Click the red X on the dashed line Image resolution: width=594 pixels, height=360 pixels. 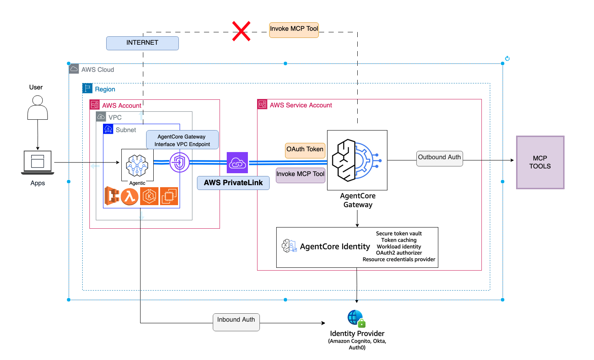pyautogui.click(x=242, y=31)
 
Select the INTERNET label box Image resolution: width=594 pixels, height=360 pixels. pyautogui.click(x=142, y=43)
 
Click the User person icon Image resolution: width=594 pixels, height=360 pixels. pyautogui.click(x=38, y=108)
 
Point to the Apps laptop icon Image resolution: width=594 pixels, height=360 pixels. pyautogui.click(x=38, y=162)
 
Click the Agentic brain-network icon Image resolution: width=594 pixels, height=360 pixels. pyautogui.click(x=137, y=165)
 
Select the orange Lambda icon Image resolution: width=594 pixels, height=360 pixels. pyautogui.click(x=129, y=196)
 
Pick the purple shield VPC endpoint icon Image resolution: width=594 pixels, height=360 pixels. pyautogui.click(x=179, y=162)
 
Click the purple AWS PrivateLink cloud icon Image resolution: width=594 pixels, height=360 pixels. pyautogui.click(x=237, y=162)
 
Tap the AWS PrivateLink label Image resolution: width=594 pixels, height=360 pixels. pyautogui.click(x=233, y=183)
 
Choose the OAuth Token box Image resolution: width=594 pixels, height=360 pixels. pyautogui.click(x=305, y=150)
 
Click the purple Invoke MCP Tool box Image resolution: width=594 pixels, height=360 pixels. pyautogui.click(x=301, y=175)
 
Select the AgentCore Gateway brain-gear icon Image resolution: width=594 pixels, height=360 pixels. pyautogui.click(x=357, y=160)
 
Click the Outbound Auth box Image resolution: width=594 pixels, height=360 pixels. pyautogui.click(x=440, y=158)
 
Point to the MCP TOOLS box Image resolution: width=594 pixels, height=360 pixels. pyautogui.click(x=540, y=162)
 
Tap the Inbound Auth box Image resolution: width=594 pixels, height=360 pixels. pyautogui.click(x=236, y=322)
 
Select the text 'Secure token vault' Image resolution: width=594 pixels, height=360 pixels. pyautogui.click(x=398, y=233)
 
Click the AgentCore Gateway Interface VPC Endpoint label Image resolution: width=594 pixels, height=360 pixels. pyautogui.click(x=182, y=140)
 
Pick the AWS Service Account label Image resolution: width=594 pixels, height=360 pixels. pyautogui.click(x=301, y=105)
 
